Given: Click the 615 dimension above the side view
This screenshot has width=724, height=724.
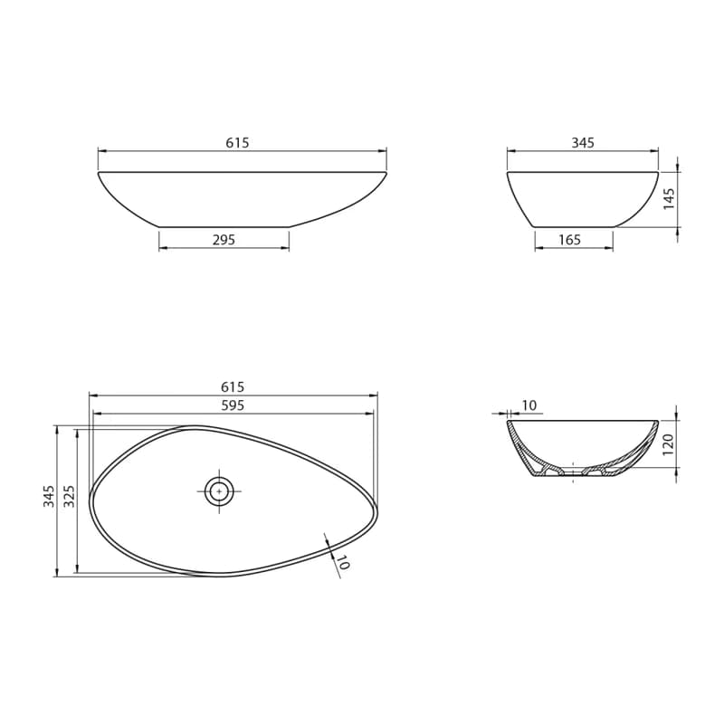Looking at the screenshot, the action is [x=237, y=143].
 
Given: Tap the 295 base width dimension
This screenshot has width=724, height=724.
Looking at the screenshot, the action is [x=224, y=240].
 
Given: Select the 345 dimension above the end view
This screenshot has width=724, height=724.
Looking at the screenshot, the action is [x=583, y=143].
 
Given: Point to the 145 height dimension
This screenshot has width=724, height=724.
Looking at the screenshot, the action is [x=669, y=199].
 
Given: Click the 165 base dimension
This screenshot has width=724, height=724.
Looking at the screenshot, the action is [x=569, y=240].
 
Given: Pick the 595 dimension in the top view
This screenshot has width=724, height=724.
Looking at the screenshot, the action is [x=233, y=405].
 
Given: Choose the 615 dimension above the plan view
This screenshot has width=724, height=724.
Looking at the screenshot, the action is [x=233, y=386].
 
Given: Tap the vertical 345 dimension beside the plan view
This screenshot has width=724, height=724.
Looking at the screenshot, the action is [x=49, y=496].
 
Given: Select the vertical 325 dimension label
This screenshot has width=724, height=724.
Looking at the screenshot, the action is [x=69, y=496].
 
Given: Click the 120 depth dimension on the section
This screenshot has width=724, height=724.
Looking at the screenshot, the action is [x=669, y=444].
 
